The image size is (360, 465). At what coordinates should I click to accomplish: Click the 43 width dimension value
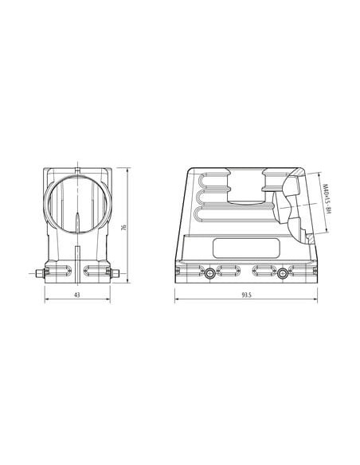77,295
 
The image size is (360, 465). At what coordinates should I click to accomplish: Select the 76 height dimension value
124,228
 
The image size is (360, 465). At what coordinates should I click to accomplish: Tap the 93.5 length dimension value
246,295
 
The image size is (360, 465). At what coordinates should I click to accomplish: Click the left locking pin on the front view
40,273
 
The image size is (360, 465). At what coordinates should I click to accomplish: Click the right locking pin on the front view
115,273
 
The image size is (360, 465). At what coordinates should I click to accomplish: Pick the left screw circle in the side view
210,273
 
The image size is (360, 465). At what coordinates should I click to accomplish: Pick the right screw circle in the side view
283,273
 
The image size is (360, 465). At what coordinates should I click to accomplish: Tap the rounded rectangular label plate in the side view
247,248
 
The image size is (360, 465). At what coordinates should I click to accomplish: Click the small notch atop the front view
78,170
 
